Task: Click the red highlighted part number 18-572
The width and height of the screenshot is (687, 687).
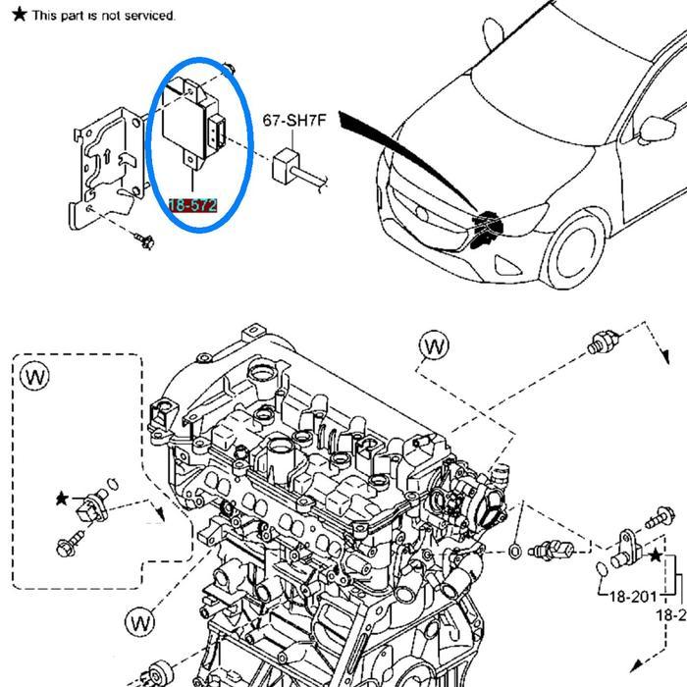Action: [192, 205]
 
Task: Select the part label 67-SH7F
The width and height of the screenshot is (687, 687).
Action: [293, 122]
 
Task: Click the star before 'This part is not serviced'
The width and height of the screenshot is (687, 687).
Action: [19, 15]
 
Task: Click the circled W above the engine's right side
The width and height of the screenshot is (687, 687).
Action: [433, 345]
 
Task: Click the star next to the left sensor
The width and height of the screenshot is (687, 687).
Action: [62, 499]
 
